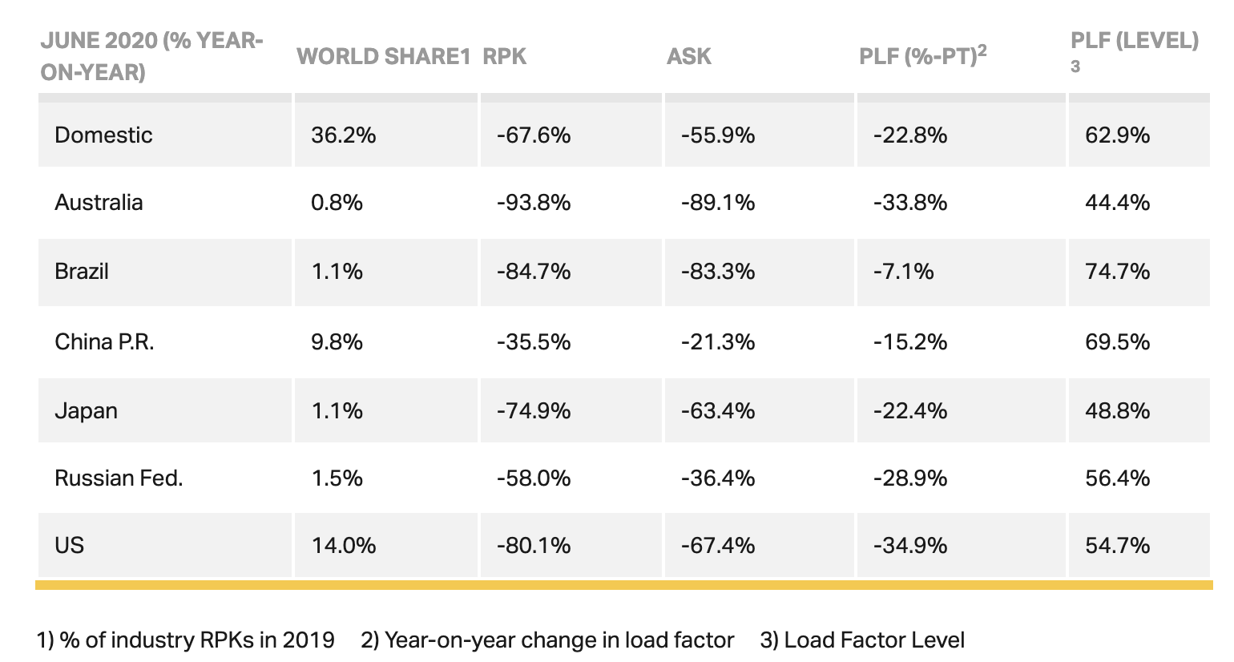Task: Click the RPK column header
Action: (x=504, y=56)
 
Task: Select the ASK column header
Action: (x=688, y=56)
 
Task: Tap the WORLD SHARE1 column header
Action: (x=383, y=56)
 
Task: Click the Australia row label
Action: (x=99, y=202)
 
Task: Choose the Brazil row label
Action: (x=82, y=271)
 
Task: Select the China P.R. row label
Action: (x=104, y=341)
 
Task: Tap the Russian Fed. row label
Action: (x=119, y=478)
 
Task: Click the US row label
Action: (x=70, y=545)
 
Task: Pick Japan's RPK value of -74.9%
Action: (x=534, y=410)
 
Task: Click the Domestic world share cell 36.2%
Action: (x=343, y=135)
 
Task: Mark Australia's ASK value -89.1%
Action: (x=718, y=202)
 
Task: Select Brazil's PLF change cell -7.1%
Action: (x=904, y=271)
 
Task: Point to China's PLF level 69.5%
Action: (x=1117, y=341)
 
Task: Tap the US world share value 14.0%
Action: (x=343, y=545)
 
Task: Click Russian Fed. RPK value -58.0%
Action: (x=534, y=478)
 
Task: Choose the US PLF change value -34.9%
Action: (x=910, y=545)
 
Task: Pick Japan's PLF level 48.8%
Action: (x=1117, y=410)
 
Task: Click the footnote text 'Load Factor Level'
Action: (x=874, y=640)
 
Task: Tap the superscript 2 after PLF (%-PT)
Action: (x=982, y=50)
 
